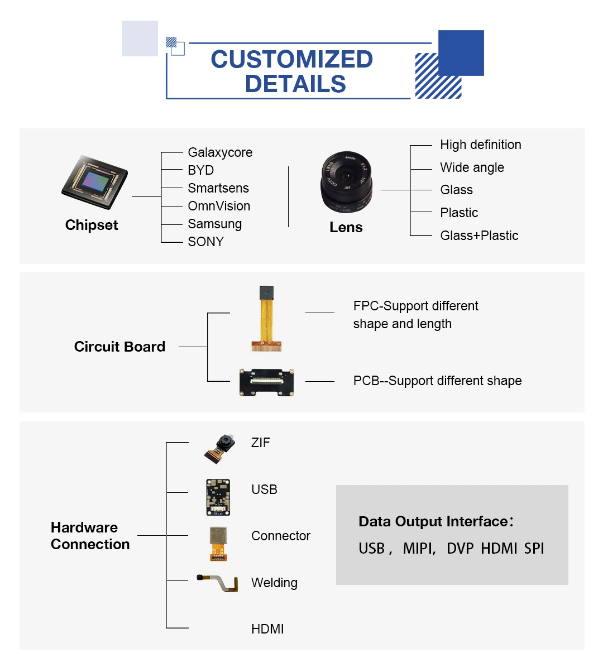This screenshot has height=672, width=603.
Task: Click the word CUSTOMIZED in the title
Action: (x=291, y=59)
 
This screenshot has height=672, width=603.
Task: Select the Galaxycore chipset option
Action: (x=220, y=152)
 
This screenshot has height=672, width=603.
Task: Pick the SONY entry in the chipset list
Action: (x=205, y=242)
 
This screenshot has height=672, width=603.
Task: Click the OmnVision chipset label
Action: (x=219, y=206)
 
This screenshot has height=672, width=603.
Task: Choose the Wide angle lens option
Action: (x=472, y=167)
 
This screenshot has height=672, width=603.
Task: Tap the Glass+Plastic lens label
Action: (x=479, y=236)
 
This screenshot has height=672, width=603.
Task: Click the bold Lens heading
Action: (x=346, y=227)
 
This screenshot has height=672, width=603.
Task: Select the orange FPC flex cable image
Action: (x=267, y=319)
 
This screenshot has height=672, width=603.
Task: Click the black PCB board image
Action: (x=267, y=382)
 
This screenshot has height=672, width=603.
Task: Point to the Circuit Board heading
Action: (x=119, y=347)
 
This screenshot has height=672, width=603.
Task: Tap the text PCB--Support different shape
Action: (x=437, y=381)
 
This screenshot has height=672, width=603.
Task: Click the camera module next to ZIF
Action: (x=219, y=448)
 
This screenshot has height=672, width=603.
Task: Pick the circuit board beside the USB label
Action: (x=218, y=497)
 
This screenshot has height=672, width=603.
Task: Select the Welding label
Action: (x=274, y=583)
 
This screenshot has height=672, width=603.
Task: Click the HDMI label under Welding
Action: (x=267, y=629)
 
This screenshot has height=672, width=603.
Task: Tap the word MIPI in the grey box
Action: (x=419, y=548)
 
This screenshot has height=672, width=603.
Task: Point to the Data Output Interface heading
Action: (x=433, y=521)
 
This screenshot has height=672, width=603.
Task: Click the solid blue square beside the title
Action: (x=461, y=53)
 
